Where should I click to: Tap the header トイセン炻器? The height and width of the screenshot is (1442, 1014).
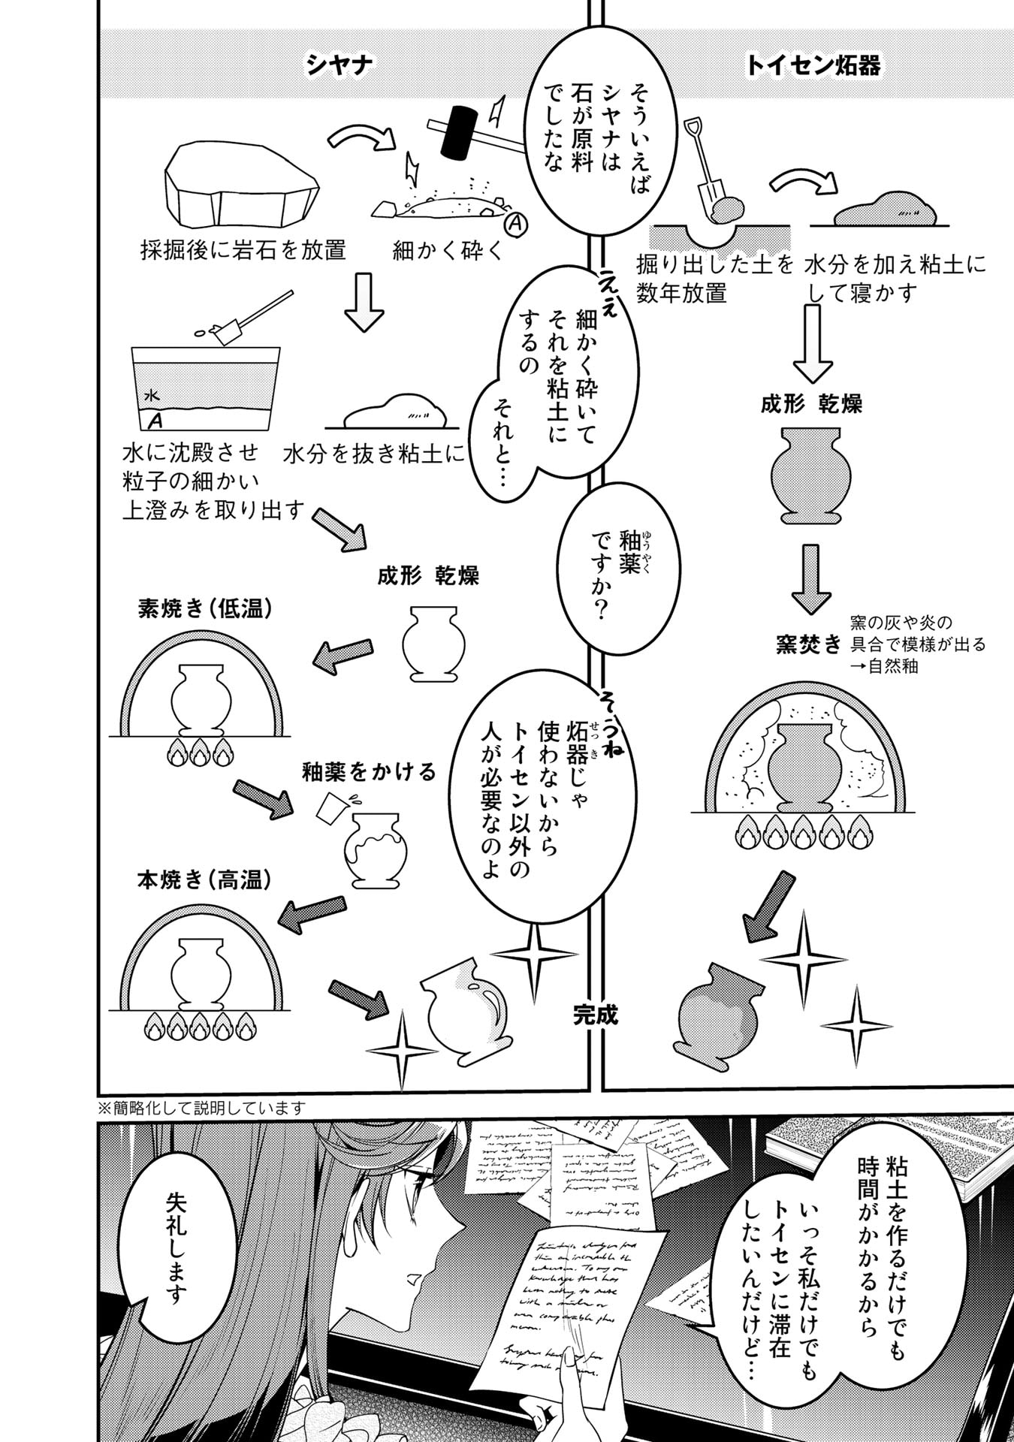813,66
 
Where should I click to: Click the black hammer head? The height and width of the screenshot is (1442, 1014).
458,134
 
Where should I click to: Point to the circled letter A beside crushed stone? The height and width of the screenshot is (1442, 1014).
517,223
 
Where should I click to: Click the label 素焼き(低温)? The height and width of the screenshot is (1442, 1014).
204,609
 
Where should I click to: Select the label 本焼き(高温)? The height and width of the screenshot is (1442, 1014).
204,879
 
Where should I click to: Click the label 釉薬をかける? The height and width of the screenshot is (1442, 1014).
369,772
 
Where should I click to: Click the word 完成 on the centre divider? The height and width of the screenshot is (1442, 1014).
595,1017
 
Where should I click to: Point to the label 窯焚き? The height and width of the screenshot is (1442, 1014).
808,644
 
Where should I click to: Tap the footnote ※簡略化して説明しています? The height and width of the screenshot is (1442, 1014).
201,1108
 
